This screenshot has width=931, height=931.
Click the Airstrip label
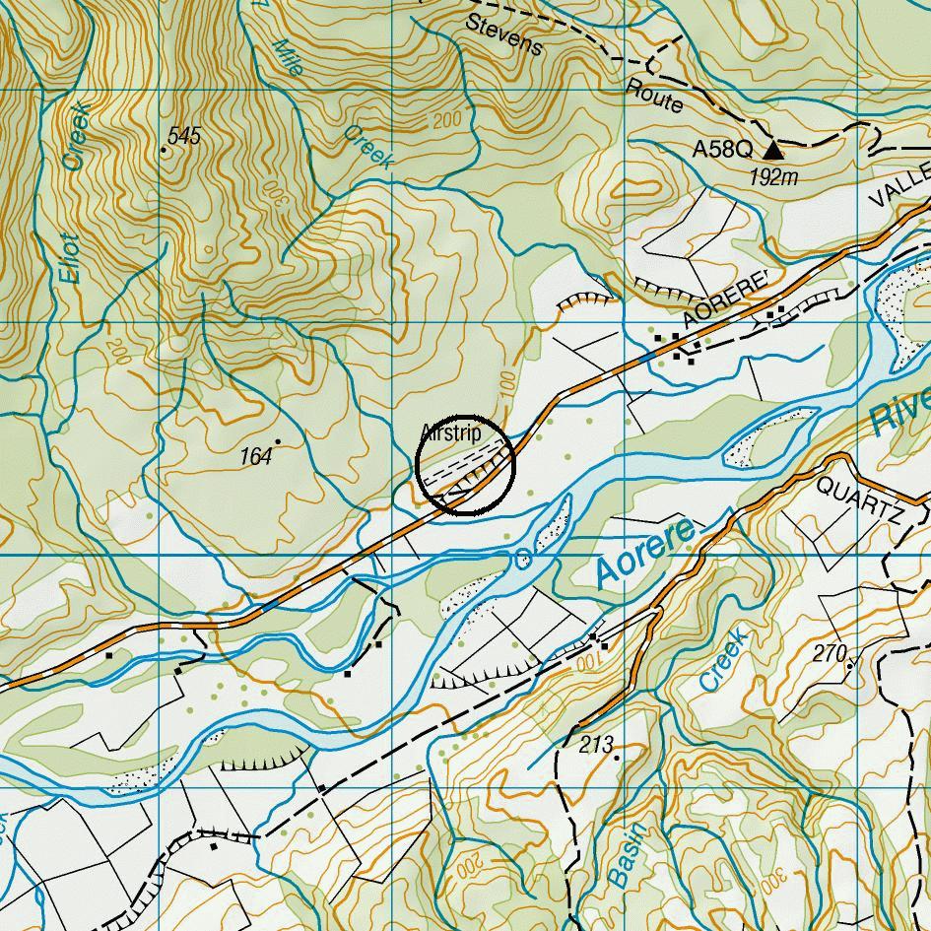point(450,432)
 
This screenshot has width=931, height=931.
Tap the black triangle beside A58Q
point(773,150)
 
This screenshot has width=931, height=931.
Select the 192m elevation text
point(773,177)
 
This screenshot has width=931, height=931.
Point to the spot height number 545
point(184,136)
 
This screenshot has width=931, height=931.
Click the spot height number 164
point(256,455)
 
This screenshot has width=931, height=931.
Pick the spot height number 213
point(596,745)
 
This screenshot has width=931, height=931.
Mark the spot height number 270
point(831,653)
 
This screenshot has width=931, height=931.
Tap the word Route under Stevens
point(654,96)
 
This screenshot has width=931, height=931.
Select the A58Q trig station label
point(721,150)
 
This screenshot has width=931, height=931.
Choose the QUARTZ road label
point(859,500)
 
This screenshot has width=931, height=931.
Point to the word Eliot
point(68,258)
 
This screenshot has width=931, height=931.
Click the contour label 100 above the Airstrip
point(508,383)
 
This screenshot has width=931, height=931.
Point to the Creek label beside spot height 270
point(723,659)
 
